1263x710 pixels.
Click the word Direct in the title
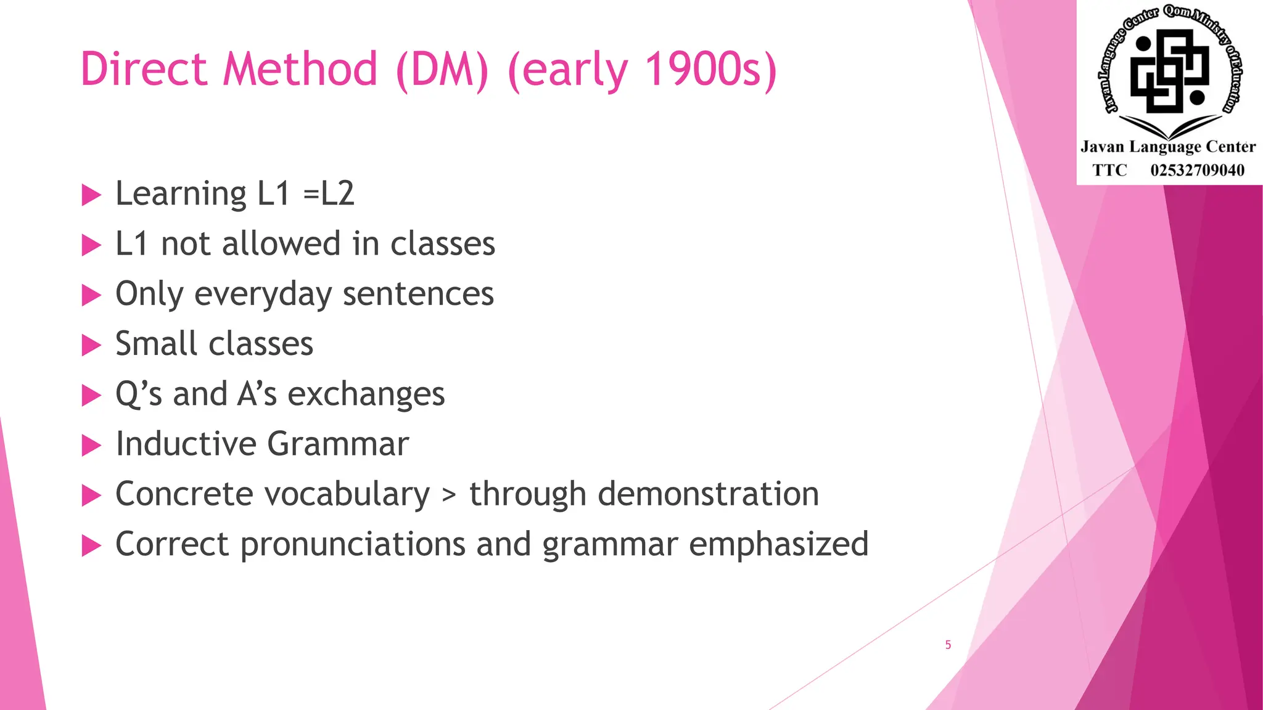point(143,68)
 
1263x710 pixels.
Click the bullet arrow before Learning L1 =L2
point(91,195)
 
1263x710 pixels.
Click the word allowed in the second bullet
point(281,244)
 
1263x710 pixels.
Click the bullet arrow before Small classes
point(91,345)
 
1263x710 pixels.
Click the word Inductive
point(186,444)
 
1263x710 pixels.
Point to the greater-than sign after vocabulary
point(450,495)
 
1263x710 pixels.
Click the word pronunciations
point(353,545)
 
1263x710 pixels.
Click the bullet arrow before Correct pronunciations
point(91,545)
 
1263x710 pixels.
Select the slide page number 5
point(948,645)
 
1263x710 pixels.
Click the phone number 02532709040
point(1197,170)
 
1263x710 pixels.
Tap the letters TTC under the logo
point(1109,170)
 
